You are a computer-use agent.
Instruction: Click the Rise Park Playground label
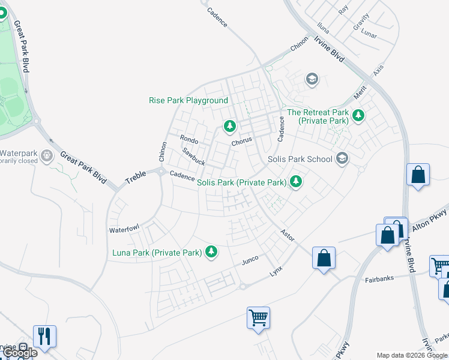coord(188,100)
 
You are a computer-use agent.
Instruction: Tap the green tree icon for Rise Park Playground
coord(229,126)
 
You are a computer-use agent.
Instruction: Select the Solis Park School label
coord(300,159)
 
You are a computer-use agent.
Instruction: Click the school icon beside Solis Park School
coord(342,158)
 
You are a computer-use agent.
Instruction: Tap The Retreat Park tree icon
coord(358,115)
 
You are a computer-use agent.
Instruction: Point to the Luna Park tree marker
coord(211,251)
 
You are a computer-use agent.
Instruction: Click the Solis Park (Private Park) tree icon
coord(295,181)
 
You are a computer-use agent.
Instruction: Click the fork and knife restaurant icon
coord(44,335)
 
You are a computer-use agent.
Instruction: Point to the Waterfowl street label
coord(124,229)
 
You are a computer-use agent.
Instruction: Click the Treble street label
coord(135,176)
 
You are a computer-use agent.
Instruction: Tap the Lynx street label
coord(276,271)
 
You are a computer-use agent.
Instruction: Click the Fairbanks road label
coord(382,280)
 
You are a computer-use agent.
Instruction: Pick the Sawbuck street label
coord(194,158)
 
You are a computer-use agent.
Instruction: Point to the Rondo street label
coord(189,140)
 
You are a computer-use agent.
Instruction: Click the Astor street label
coord(288,236)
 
